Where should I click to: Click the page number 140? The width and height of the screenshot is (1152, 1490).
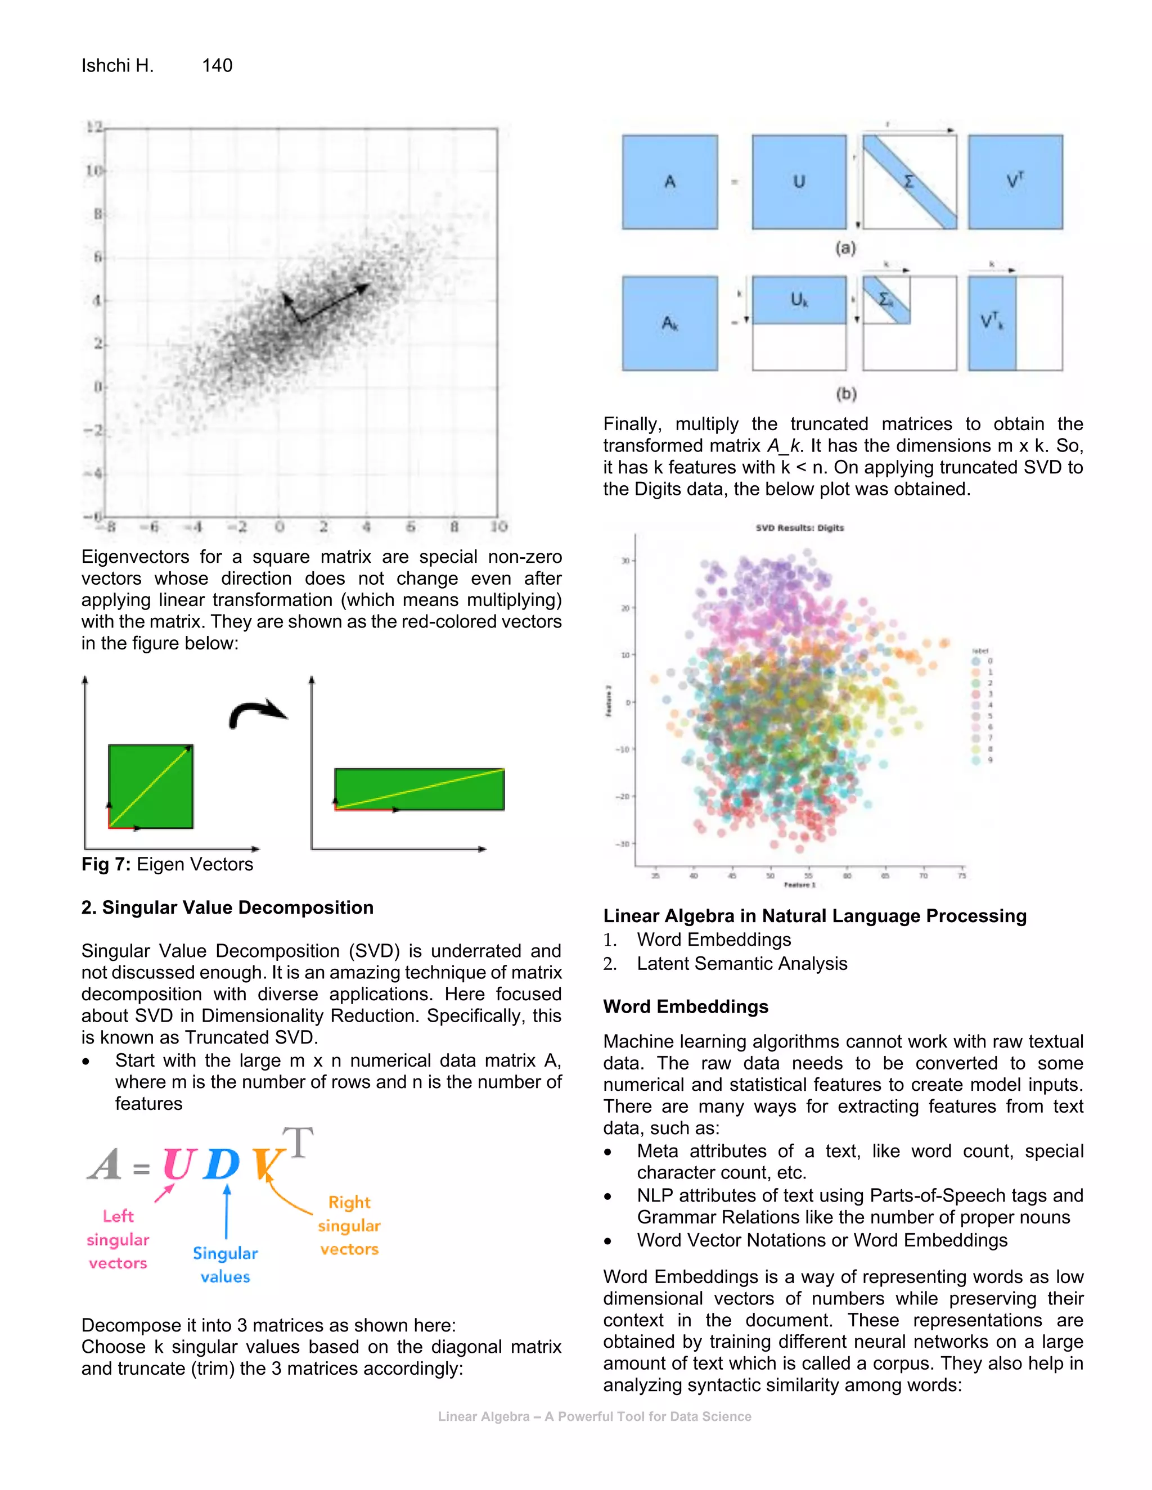pyautogui.click(x=217, y=65)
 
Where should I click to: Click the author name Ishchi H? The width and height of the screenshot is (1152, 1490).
pyautogui.click(x=118, y=65)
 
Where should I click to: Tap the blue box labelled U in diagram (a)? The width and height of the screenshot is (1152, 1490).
pyautogui.click(x=799, y=182)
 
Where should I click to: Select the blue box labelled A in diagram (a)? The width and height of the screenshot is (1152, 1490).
pyautogui.click(x=669, y=182)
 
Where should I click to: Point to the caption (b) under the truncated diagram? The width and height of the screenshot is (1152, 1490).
pyautogui.click(x=845, y=394)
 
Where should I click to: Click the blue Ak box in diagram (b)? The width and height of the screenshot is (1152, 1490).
pyautogui.click(x=669, y=323)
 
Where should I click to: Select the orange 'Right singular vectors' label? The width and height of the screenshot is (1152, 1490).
pyautogui.click(x=349, y=1225)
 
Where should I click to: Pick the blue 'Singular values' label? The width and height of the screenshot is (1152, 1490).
pyautogui.click(x=225, y=1265)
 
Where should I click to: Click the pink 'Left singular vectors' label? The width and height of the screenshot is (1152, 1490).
pyautogui.click(x=118, y=1240)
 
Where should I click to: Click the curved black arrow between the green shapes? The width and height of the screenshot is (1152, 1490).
pyautogui.click(x=256, y=713)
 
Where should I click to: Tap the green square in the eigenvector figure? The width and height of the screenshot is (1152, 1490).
pyautogui.click(x=151, y=787)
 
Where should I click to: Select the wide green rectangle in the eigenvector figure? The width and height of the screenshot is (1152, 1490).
pyautogui.click(x=419, y=789)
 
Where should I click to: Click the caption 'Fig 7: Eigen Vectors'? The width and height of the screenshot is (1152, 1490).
pyautogui.click(x=167, y=864)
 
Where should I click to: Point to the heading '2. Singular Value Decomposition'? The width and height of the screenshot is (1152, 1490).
pyautogui.click(x=227, y=907)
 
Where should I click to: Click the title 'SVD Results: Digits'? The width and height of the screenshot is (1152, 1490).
pyautogui.click(x=799, y=527)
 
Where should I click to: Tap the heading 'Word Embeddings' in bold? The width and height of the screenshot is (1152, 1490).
pyautogui.click(x=685, y=1006)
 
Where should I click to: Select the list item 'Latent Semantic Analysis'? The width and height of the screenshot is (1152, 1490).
pyautogui.click(x=742, y=963)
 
